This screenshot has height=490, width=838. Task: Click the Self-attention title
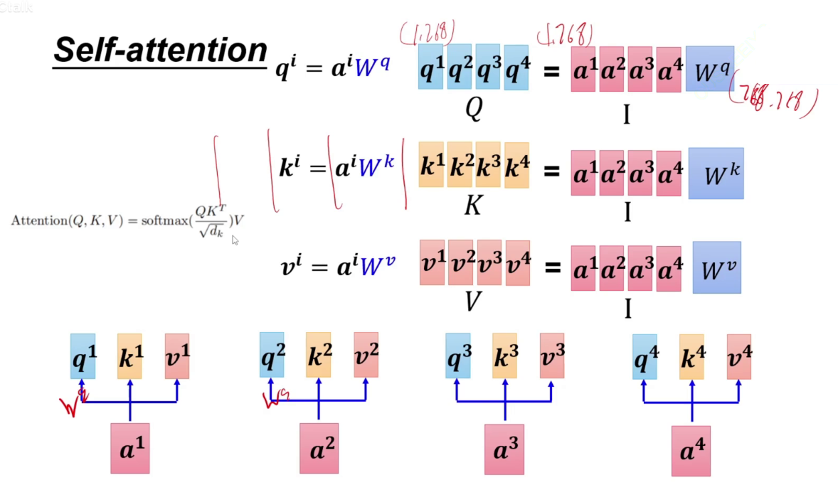coord(160,50)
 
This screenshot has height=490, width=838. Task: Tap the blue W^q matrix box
coord(709,69)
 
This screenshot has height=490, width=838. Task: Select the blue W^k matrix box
coord(716,174)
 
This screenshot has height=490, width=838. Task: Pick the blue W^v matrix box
coord(716,268)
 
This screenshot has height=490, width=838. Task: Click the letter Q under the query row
coord(473,109)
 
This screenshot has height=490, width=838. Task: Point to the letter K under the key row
coord(472,206)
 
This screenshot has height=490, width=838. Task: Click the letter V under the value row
coord(473,302)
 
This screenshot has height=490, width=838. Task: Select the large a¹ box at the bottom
coord(130,448)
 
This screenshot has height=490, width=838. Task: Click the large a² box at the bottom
coord(319,449)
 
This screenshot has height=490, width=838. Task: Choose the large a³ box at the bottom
coord(504,449)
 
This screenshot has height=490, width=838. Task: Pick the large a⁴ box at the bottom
coord(691,451)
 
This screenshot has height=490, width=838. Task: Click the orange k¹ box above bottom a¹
coord(129,356)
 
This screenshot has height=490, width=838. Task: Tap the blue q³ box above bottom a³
coord(457,356)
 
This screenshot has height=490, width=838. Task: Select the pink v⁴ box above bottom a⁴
coord(738,356)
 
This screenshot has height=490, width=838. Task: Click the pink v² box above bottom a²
coord(366,355)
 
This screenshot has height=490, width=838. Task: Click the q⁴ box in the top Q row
coord(516,68)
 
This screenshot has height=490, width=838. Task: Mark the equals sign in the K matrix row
coord(551,171)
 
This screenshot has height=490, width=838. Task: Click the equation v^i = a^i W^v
coord(338,266)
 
